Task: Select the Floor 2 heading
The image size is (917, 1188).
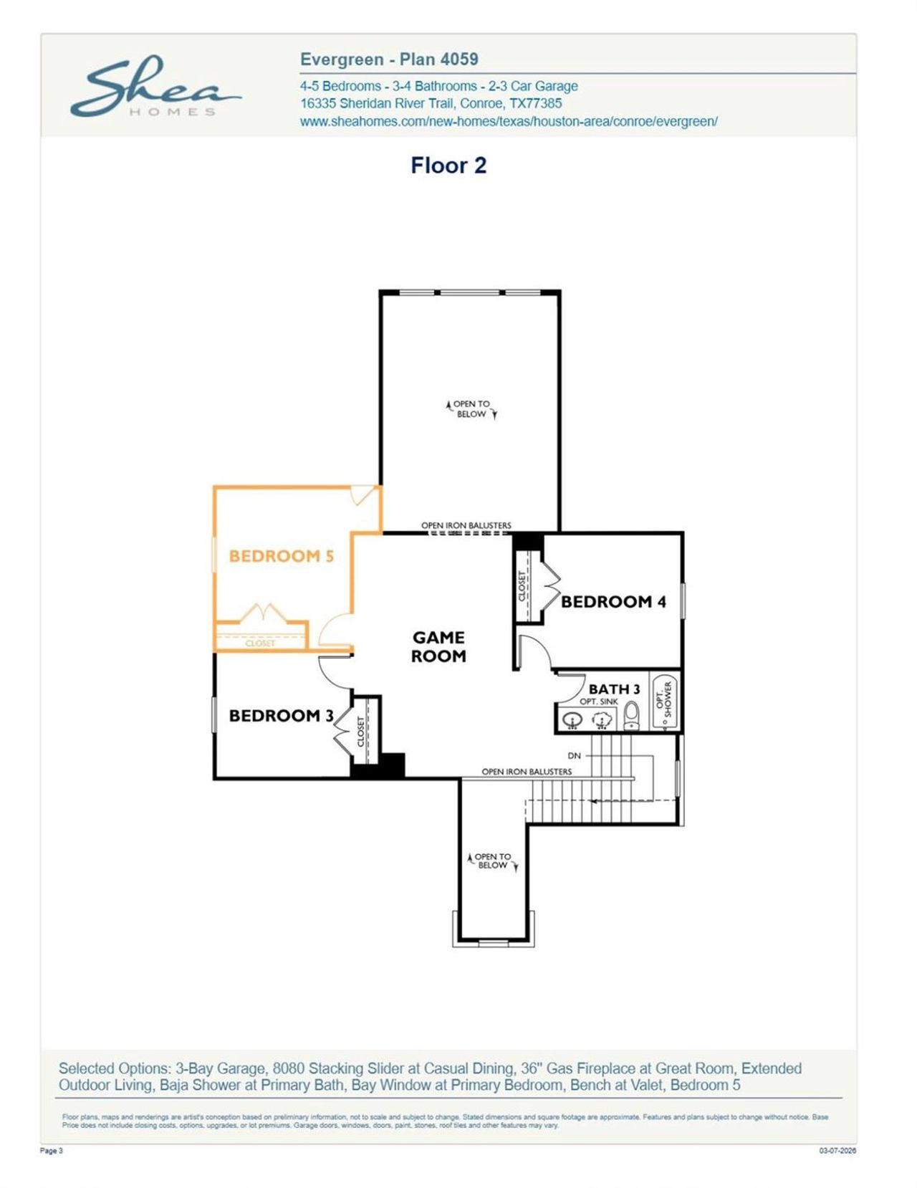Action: [x=448, y=166]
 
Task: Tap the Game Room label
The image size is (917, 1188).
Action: [x=438, y=646]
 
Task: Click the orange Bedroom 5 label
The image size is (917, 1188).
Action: [x=281, y=556]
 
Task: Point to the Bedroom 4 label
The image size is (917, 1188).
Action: [x=613, y=602]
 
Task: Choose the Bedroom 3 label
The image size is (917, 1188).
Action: [x=281, y=716]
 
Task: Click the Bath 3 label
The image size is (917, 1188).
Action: [x=614, y=689]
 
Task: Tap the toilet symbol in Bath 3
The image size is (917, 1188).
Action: [x=631, y=714]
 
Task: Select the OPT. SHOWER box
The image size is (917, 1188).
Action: [x=664, y=700]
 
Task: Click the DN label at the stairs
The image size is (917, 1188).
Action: [x=574, y=756]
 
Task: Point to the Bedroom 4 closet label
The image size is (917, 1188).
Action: [x=522, y=585]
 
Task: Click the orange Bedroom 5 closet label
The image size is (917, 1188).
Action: [x=260, y=643]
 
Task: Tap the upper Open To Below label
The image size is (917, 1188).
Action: [x=471, y=409]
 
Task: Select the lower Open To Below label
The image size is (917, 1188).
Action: [x=493, y=861]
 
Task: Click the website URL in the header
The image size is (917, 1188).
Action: [x=509, y=121]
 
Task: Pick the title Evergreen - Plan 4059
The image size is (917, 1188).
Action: [x=389, y=59]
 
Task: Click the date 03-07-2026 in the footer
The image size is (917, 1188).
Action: [x=837, y=1151]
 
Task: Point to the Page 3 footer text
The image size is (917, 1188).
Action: [x=52, y=1151]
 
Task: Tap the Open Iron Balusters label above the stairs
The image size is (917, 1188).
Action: [x=527, y=772]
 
